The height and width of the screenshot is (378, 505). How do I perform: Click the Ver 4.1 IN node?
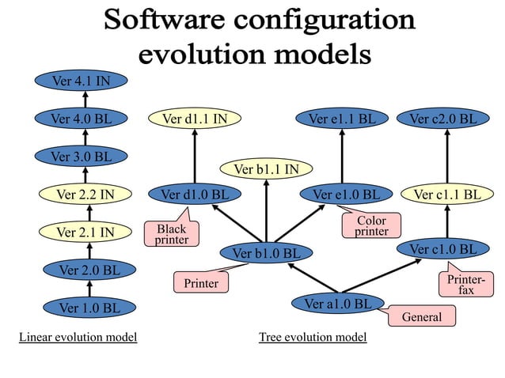click(x=81, y=80)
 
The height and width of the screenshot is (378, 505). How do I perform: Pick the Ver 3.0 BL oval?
click(x=81, y=156)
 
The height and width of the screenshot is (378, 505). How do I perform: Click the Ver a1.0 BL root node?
click(x=338, y=303)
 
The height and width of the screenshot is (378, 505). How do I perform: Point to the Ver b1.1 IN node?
click(x=265, y=168)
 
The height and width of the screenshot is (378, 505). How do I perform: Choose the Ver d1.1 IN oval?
click(x=195, y=119)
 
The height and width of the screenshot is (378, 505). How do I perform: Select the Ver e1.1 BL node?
click(x=342, y=119)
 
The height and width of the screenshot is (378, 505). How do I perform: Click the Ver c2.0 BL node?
click(x=443, y=119)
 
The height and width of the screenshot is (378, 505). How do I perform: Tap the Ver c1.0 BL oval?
click(x=443, y=249)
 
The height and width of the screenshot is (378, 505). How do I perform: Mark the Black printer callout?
click(x=171, y=234)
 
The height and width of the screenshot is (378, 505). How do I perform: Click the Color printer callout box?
click(x=371, y=225)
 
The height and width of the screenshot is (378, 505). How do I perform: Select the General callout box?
click(x=422, y=316)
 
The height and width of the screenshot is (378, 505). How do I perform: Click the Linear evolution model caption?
click(x=78, y=338)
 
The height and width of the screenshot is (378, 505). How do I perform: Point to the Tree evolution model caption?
click(x=313, y=338)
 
